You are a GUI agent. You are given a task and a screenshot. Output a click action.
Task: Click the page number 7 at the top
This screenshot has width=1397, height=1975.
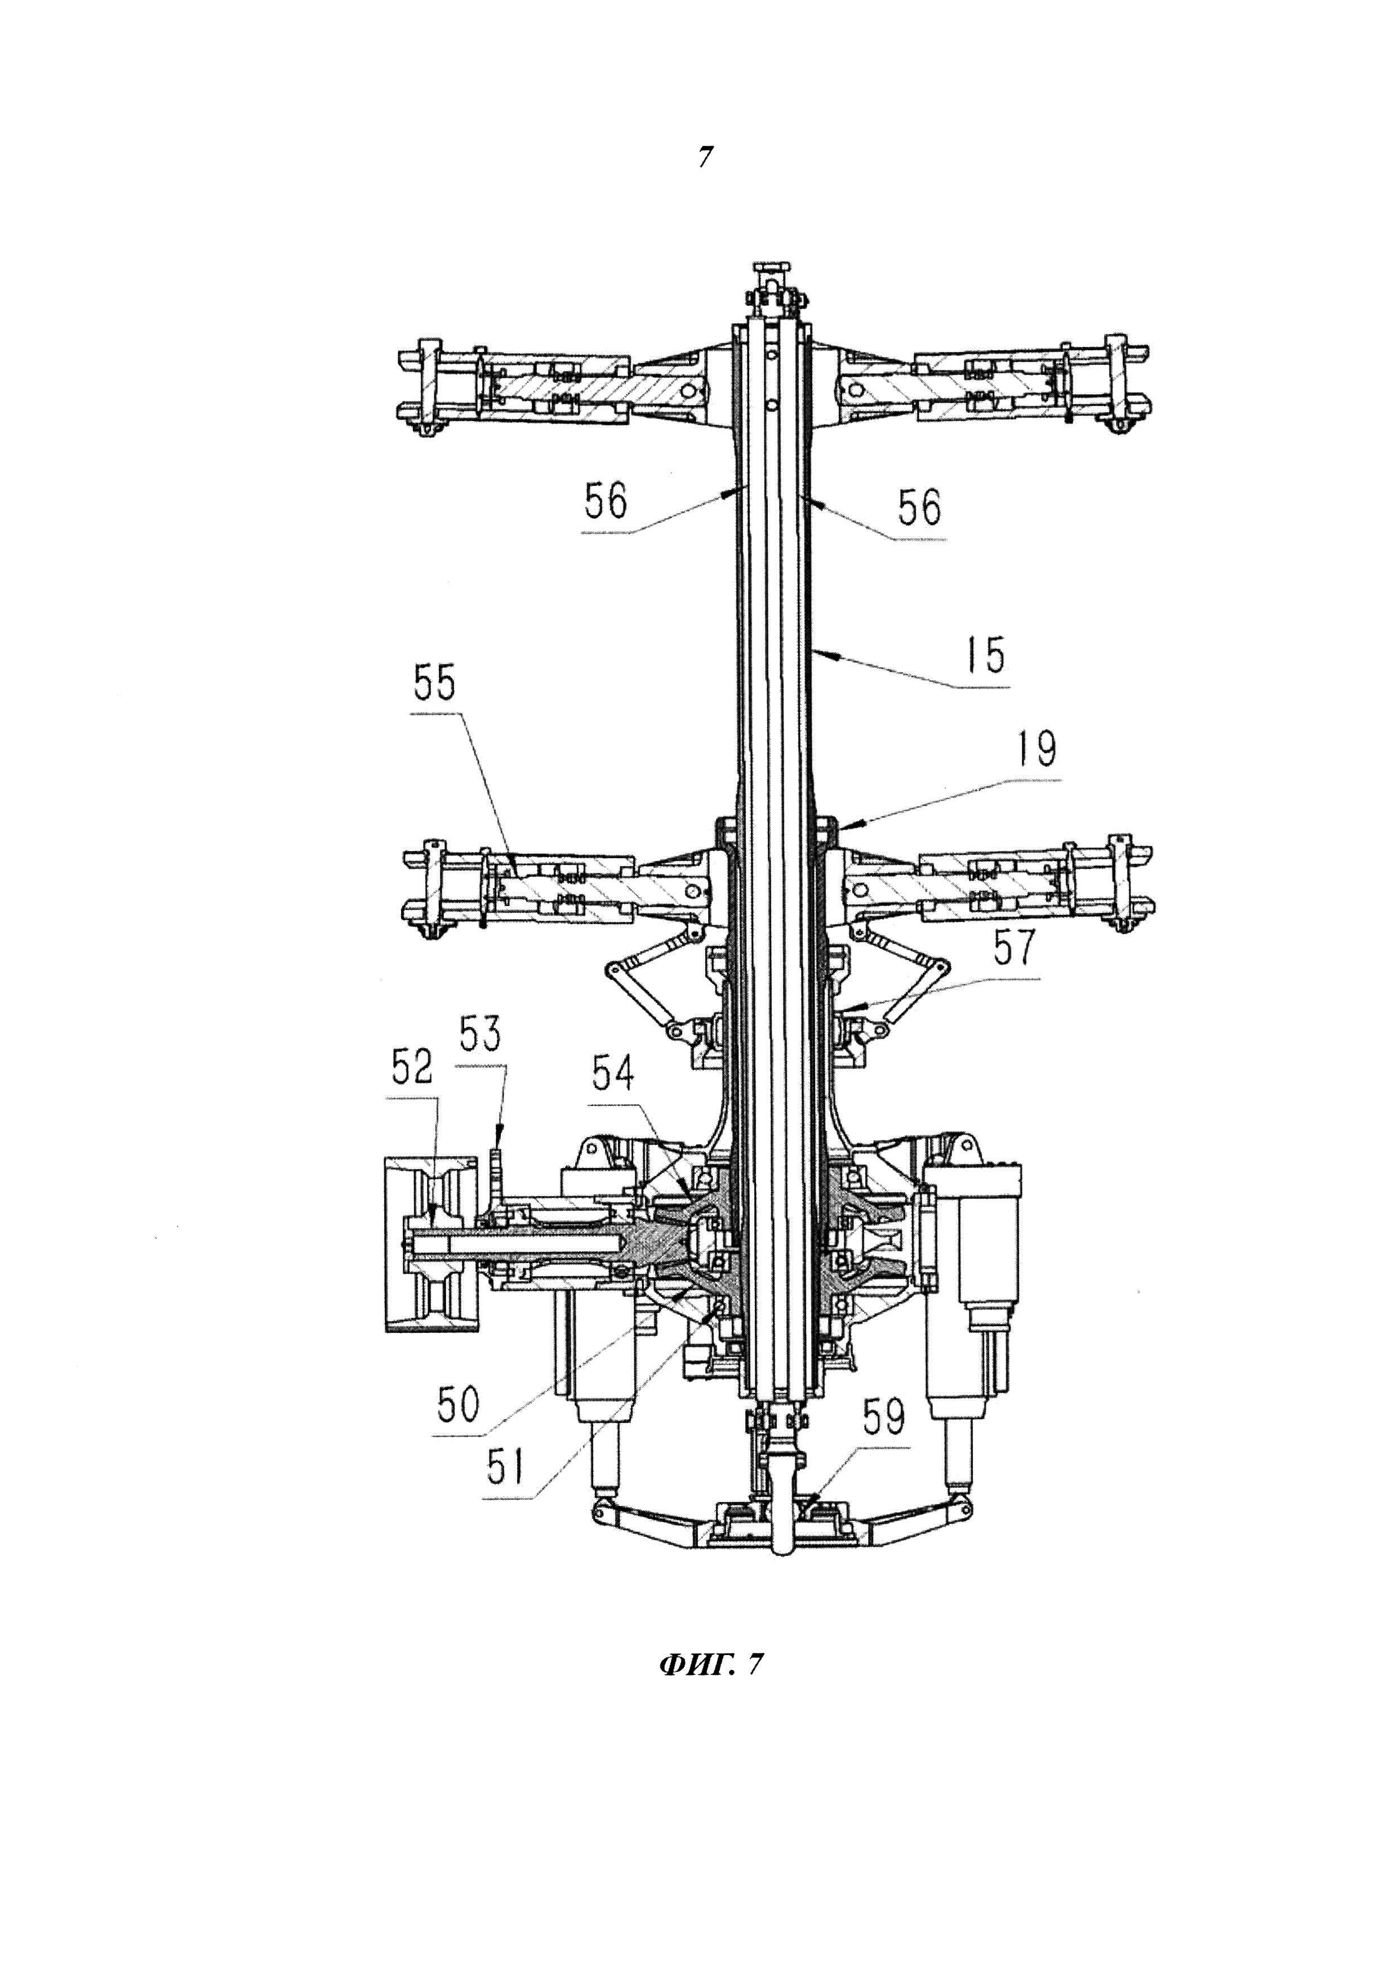pyautogui.click(x=705, y=158)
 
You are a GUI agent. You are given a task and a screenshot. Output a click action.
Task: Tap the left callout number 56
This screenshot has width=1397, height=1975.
pyautogui.click(x=607, y=501)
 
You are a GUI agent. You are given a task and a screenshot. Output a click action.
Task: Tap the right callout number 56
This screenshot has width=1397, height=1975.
pyautogui.click(x=920, y=507)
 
